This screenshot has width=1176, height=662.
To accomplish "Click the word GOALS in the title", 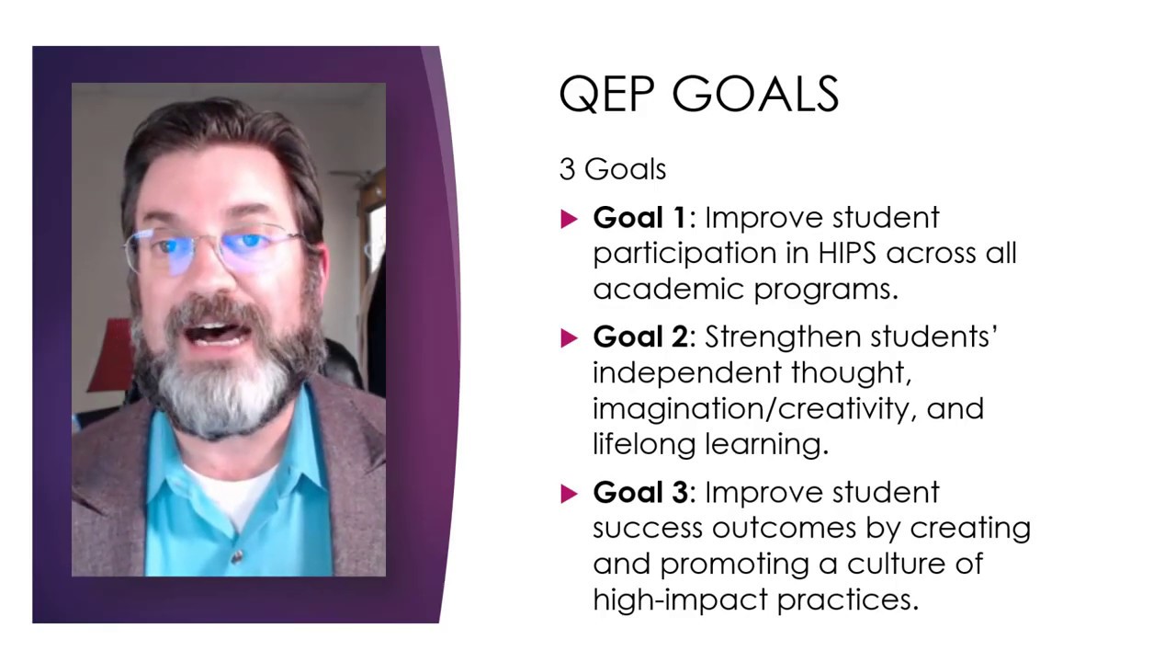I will (x=755, y=95).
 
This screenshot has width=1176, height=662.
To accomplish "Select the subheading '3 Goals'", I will (x=612, y=169).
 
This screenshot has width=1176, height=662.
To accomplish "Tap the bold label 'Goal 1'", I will (x=639, y=218).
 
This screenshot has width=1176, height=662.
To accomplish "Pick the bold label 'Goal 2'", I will (x=639, y=337).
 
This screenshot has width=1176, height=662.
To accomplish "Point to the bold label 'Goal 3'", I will (x=639, y=493).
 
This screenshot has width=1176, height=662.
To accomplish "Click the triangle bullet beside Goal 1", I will (x=569, y=219).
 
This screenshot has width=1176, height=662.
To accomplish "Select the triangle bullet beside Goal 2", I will (x=569, y=338).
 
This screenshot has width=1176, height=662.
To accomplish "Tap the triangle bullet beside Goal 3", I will (x=569, y=494).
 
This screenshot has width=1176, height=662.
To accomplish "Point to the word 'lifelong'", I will (x=644, y=444).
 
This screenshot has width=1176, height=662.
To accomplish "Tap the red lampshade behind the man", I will (x=111, y=355).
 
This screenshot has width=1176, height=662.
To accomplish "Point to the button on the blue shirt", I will (x=237, y=556).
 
